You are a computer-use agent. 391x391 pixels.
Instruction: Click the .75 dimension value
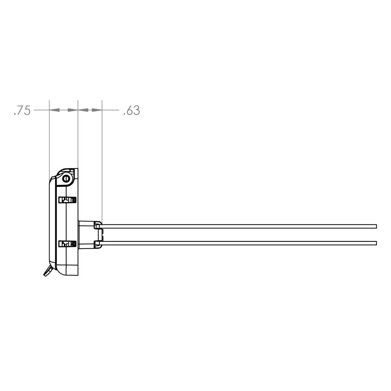point(22,111)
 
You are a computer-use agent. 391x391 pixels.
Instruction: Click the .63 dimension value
point(132,111)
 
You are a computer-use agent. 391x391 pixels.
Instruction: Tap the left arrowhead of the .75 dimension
point(55,110)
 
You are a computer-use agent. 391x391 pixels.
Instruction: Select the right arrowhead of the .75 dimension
point(72,110)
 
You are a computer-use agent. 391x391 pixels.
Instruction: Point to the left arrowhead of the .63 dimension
point(83,110)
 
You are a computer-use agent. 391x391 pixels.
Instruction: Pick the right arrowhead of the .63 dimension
point(97,110)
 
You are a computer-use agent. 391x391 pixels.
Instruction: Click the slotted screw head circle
point(67,178)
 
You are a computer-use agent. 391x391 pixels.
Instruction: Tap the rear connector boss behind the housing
point(86,234)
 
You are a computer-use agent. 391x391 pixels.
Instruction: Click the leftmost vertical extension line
point(49,137)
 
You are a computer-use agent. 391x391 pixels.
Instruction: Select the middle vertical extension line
point(78,137)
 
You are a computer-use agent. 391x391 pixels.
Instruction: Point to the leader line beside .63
point(111,110)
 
